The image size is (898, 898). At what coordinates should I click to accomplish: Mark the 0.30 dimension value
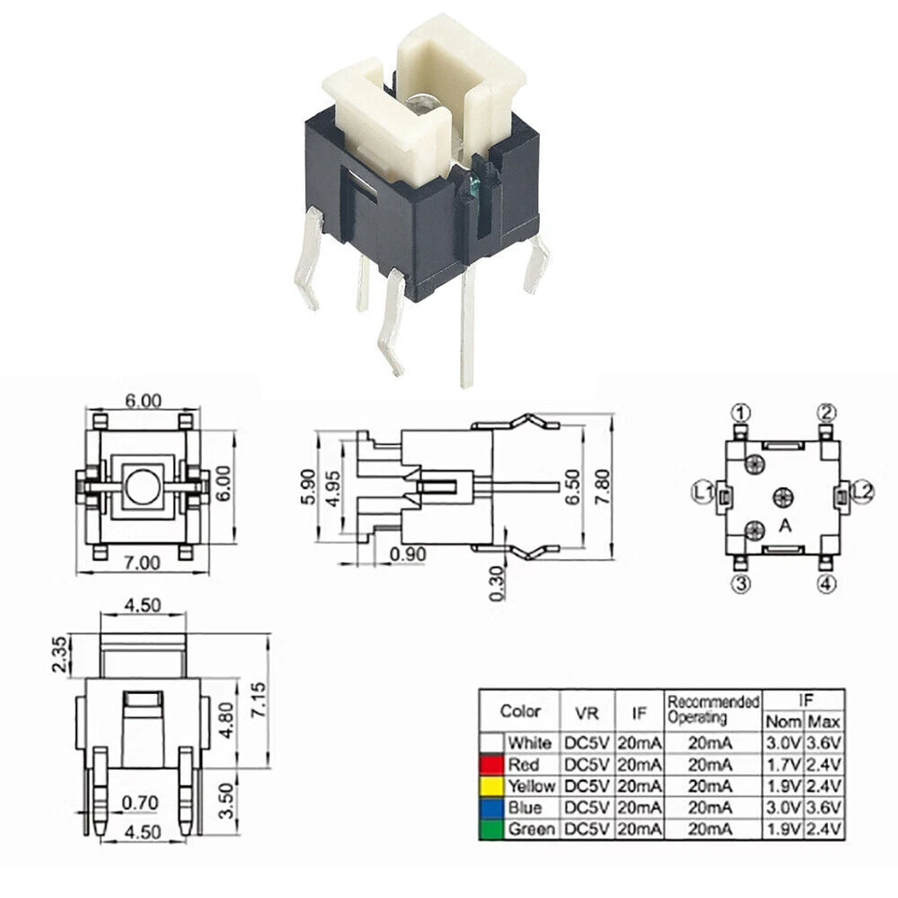coord(497,583)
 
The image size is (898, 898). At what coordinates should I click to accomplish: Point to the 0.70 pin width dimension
coord(139,803)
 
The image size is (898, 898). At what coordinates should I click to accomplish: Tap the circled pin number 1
coord(741,413)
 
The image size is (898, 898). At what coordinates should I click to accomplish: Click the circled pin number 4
coord(827,586)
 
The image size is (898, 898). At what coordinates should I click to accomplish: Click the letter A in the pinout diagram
coord(786,527)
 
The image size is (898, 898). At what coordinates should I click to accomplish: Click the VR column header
coord(587,714)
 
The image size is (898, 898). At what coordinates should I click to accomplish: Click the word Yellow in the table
coord(530,786)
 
